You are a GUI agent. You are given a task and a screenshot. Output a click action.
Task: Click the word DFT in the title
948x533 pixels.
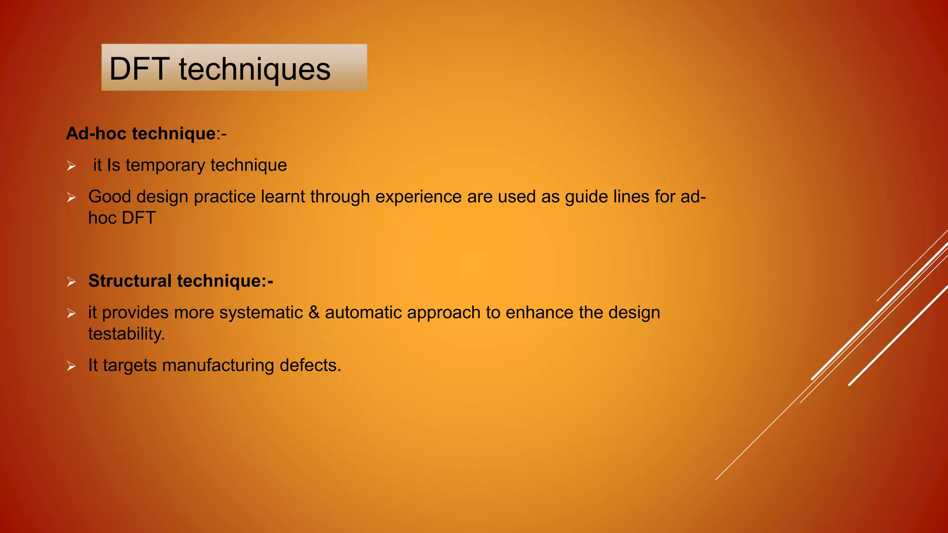(x=138, y=69)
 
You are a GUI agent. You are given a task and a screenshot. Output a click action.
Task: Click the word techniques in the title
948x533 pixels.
(x=255, y=69)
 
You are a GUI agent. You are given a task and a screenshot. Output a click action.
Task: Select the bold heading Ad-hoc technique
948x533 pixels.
(x=141, y=134)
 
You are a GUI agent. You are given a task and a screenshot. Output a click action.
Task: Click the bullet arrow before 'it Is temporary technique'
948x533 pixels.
(x=71, y=166)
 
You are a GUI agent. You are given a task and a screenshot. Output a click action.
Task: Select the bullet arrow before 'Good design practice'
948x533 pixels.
(x=71, y=198)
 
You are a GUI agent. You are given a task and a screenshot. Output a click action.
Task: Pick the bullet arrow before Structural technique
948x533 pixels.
(x=71, y=281)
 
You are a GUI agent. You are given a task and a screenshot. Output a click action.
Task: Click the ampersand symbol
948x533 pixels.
(x=314, y=313)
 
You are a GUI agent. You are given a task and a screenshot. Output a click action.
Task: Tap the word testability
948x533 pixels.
(x=126, y=334)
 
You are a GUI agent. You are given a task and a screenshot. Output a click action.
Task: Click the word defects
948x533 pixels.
(x=310, y=366)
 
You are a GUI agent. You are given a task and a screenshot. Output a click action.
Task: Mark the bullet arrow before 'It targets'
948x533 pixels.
(x=71, y=366)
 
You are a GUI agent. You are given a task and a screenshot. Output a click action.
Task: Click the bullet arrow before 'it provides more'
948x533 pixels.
(x=71, y=313)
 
